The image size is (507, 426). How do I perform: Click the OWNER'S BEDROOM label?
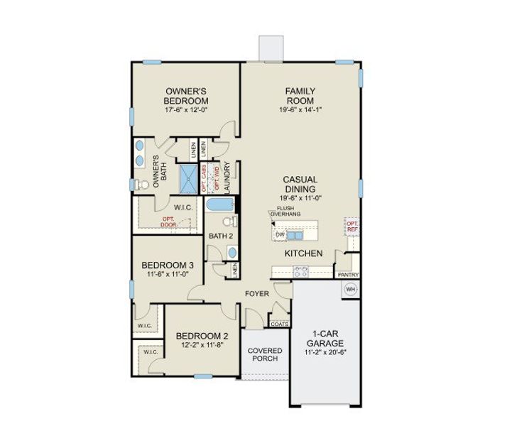pos(186,96)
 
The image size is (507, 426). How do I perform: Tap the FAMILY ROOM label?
pos(300,96)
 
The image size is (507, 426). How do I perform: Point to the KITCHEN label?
pos(304,253)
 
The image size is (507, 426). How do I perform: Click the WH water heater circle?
pos(350,289)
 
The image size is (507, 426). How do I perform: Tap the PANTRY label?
pos(348,275)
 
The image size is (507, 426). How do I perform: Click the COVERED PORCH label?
pos(265,355)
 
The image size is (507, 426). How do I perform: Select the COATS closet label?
pos(278,324)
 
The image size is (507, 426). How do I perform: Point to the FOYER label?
pos(256,293)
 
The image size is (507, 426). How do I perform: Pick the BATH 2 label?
pos(220,236)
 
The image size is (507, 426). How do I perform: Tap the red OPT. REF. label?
pos(351,225)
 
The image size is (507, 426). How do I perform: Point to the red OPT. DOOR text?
pos(168,222)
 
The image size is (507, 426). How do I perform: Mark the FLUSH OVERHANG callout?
pos(289,211)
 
